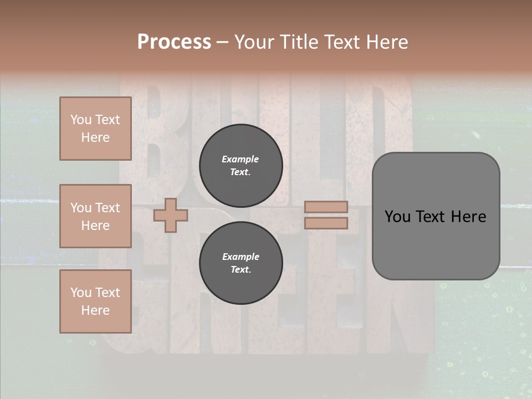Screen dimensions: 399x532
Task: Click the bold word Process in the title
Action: [x=174, y=42]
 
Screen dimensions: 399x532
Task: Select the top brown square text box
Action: [x=95, y=129]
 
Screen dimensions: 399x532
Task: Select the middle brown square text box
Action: [x=95, y=216]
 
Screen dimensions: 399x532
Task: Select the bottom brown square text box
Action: [x=95, y=301]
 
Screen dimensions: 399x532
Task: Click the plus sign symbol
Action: [x=171, y=215]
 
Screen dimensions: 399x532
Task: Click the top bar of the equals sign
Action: [x=326, y=207]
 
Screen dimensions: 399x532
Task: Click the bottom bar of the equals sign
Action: [x=326, y=223]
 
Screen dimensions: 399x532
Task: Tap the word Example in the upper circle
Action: [x=241, y=159]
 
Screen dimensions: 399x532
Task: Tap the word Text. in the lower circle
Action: [x=241, y=270]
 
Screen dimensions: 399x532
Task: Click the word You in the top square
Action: [x=81, y=120]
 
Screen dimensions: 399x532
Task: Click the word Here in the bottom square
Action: [x=95, y=310]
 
